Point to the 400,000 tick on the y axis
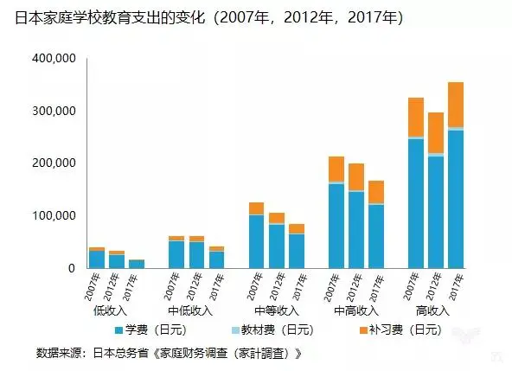pos(54,59)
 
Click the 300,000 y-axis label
pos(54,112)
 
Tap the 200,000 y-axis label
pos(54,163)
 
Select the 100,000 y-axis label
pos(54,215)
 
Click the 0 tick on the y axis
pos(72,268)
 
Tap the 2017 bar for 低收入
pos(137,264)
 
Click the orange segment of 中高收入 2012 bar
pos(355,176)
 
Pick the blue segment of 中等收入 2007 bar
pos(256,242)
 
